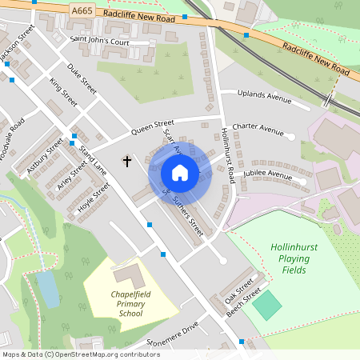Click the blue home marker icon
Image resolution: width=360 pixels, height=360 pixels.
pos(180,173)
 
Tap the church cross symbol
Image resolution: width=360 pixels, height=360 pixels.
pos(126,162)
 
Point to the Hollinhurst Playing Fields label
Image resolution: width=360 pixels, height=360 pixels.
pos(294,258)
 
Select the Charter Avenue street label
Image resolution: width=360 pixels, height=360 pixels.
pos(258,130)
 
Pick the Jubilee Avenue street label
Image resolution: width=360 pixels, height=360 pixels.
pos(268,174)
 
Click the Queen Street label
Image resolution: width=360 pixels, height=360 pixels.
pos(152,128)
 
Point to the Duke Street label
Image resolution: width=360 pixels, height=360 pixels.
pos(82,78)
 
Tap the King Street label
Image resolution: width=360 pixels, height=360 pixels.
pos(63,93)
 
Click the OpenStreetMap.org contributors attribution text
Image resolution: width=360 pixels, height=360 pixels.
pos(109,354)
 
